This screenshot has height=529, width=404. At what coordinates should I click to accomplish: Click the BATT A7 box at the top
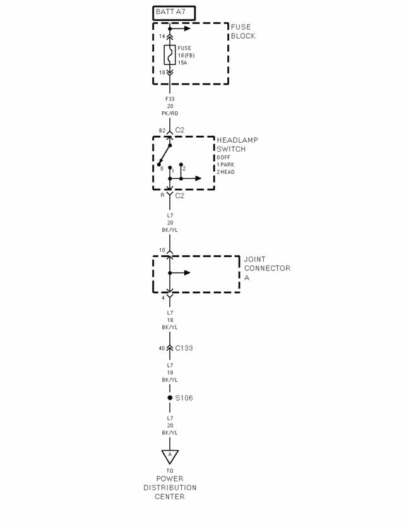point(174,13)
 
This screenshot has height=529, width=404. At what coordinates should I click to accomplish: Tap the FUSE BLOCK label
point(243,32)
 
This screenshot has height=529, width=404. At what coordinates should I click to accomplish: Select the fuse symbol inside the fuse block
point(170,55)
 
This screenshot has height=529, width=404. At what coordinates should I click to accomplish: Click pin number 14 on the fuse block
point(161,37)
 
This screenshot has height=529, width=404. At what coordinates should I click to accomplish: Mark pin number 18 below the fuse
point(161,73)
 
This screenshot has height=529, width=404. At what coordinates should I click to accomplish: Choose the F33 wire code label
point(170,99)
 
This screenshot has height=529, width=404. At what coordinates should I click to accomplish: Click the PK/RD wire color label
point(170,114)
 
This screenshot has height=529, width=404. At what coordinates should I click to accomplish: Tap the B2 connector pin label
point(162,131)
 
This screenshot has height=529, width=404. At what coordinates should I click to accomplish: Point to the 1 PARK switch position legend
point(226,164)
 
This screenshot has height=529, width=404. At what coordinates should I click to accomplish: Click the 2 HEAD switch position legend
point(226,172)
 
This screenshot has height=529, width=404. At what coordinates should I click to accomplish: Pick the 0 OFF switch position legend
point(223,157)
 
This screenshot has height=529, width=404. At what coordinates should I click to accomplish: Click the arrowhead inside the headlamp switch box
point(198,179)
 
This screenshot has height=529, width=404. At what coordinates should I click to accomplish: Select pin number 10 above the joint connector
point(162,251)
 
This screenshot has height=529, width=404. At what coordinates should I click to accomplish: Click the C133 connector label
point(185,348)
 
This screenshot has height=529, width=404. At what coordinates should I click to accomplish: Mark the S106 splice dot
point(170,398)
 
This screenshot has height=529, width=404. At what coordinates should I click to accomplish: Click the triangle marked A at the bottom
point(170,455)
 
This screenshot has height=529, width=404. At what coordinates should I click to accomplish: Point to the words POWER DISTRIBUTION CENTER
point(170,487)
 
